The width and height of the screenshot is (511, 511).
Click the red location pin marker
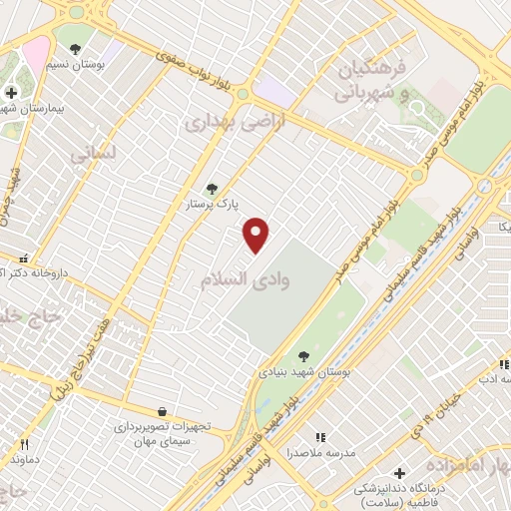257,235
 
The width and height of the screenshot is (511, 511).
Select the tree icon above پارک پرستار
211,188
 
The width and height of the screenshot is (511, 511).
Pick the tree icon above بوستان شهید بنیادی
303,355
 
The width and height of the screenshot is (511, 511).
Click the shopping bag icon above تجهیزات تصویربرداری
161,411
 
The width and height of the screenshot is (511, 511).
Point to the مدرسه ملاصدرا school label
321,454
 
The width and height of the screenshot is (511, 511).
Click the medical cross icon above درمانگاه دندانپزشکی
400,472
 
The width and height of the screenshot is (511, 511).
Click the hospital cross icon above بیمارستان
10,93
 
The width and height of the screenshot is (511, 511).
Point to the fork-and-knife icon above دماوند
25,444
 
